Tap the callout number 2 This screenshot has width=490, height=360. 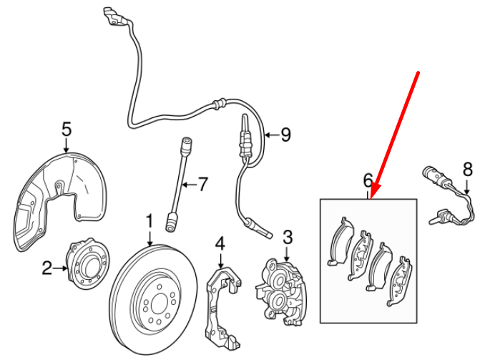pos(47,268)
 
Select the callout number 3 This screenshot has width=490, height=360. pos(288,237)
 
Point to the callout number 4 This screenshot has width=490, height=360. pos(220,243)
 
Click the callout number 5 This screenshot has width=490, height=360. pos(67,130)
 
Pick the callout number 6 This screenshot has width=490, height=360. pos(368,180)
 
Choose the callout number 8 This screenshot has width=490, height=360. pos(468,170)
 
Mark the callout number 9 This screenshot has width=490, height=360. pos(285,134)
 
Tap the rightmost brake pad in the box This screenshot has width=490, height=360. pos(402,280)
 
